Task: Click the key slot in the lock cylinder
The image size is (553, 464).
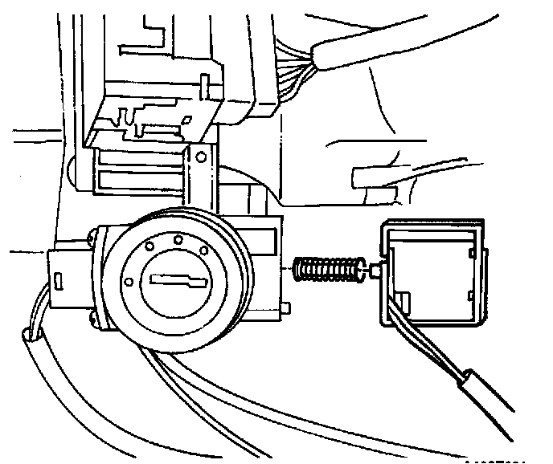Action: click(x=176, y=280)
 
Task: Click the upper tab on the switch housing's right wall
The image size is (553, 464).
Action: click(x=468, y=254)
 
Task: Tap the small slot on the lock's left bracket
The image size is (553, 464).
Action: click(x=60, y=280)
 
